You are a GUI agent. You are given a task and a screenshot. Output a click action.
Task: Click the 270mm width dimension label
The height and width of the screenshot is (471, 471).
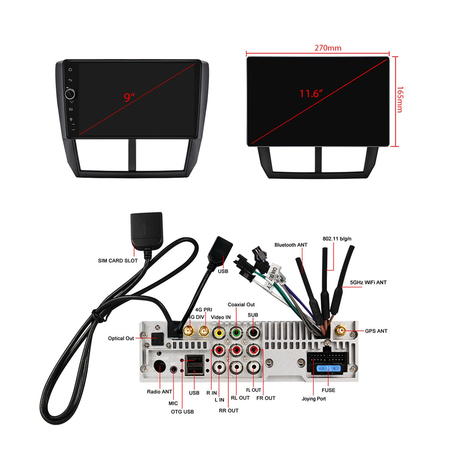[x=327, y=48]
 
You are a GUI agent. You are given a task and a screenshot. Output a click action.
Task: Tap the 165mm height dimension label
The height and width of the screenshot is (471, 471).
[x=399, y=99]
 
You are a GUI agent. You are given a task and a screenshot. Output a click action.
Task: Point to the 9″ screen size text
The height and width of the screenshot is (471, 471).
[x=129, y=97]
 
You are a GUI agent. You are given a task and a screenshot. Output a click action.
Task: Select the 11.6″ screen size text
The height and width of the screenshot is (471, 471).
[x=311, y=93]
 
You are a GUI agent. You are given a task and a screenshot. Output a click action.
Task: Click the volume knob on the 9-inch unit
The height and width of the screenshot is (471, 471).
[x=70, y=94]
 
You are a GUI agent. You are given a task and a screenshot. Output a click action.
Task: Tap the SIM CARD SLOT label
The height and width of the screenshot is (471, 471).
[x=118, y=260]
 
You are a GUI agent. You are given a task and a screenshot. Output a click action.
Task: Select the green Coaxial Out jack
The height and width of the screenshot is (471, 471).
[x=236, y=332]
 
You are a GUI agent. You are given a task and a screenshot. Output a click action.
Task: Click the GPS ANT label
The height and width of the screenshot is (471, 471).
[x=376, y=331]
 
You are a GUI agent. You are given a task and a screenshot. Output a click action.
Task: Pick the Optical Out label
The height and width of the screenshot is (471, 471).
[x=121, y=339]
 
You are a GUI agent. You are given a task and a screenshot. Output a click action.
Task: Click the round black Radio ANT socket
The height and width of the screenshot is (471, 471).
[x=160, y=367]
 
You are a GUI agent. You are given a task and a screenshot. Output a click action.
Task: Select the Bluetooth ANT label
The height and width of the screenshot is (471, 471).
[x=291, y=245]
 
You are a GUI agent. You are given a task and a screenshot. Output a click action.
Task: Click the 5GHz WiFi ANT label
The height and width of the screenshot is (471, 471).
[x=368, y=282]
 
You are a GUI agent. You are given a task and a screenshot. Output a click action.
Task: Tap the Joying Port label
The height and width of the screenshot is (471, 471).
[x=314, y=399]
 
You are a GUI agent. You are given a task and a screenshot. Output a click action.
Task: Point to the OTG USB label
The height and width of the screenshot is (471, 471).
[x=182, y=412]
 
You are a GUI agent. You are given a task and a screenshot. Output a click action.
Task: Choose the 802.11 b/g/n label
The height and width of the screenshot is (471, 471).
[x=334, y=239]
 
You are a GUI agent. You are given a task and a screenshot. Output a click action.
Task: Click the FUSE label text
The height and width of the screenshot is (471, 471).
[x=328, y=390]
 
